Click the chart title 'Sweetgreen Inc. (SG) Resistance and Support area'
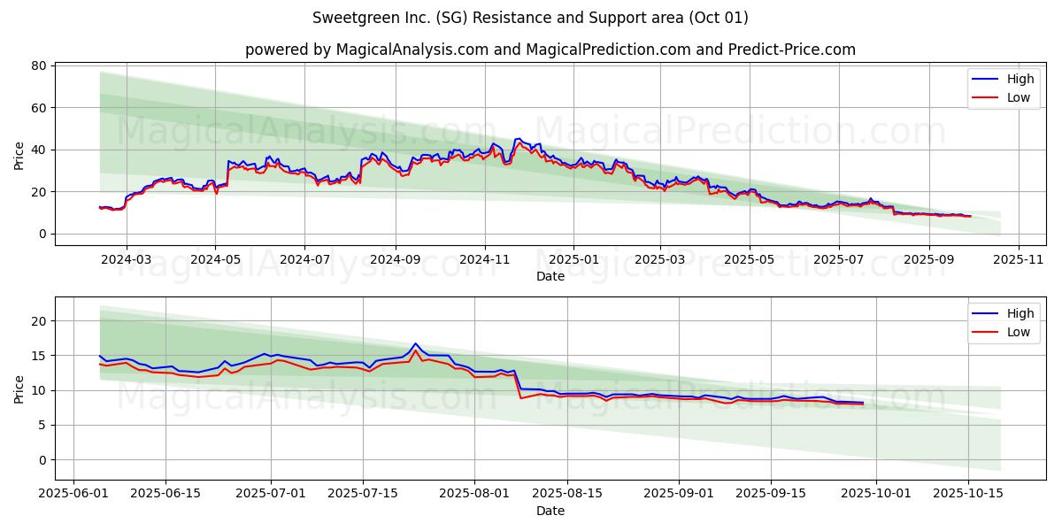click(530, 18)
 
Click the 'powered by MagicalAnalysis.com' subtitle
click(550, 50)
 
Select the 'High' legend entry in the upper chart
click(1020, 79)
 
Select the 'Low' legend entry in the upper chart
click(1018, 97)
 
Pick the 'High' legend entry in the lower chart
click(1020, 313)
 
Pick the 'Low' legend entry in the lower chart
click(1018, 332)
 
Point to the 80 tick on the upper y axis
click(39, 65)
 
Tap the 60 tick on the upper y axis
click(39, 108)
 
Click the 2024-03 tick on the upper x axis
click(126, 260)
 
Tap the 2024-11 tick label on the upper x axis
click(484, 260)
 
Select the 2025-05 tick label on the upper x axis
click(749, 260)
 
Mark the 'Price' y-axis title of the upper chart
click(19, 154)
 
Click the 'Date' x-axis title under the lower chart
click(550, 511)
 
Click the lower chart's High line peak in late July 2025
click(415, 343)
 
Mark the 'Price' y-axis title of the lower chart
click(19, 389)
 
